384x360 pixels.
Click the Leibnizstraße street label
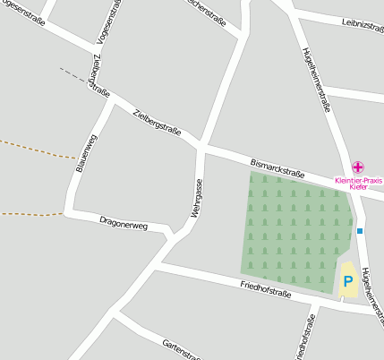[363, 26]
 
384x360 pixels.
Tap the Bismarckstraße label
[277, 167]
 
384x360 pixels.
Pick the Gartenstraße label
[182, 349]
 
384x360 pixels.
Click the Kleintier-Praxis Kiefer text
[358, 184]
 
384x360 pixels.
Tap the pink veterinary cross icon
[358, 167]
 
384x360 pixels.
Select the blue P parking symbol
[348, 281]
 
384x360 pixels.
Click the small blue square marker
[360, 231]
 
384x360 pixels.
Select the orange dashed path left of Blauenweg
[36, 149]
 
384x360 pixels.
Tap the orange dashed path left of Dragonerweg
[31, 213]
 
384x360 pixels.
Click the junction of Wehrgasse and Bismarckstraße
[202, 144]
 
